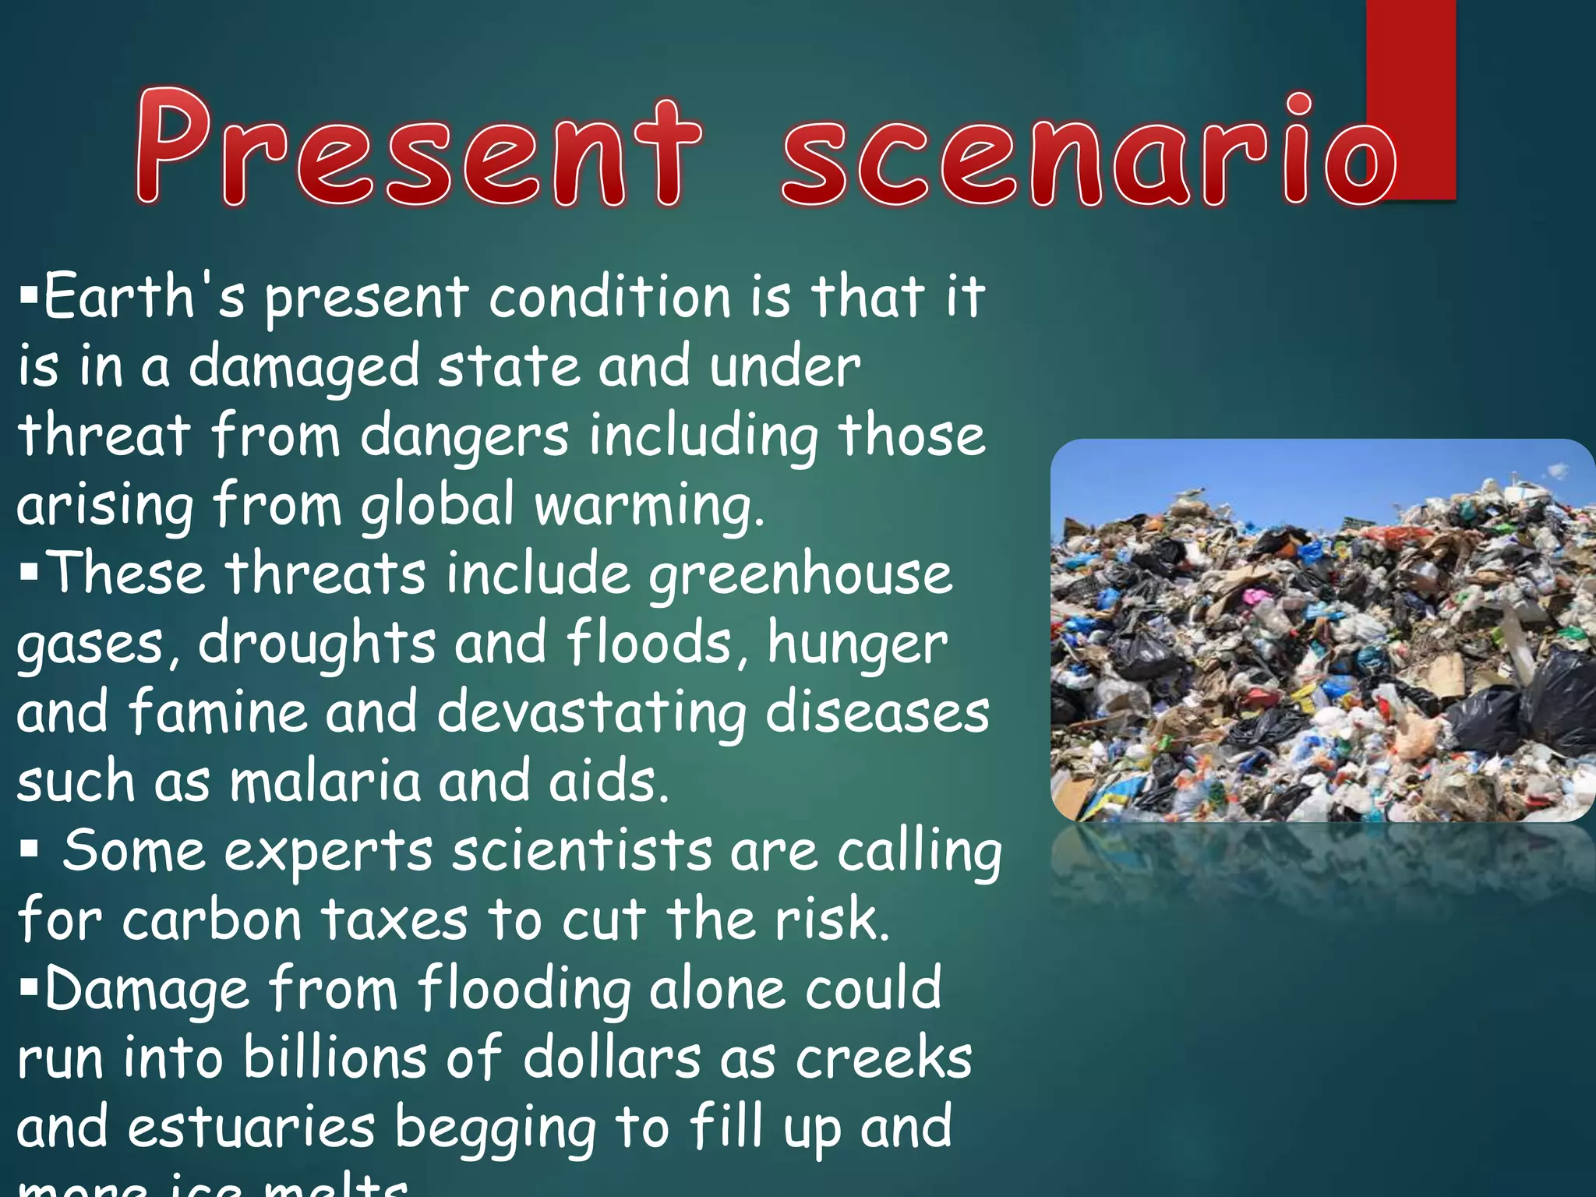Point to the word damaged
[304, 367]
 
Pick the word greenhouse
[800, 575]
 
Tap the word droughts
[316, 644]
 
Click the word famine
[218, 712]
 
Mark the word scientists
[581, 850]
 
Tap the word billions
[334, 1058]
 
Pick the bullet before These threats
[29, 574]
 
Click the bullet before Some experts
[29, 849]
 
